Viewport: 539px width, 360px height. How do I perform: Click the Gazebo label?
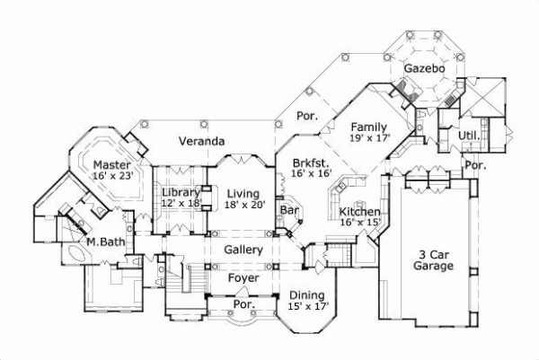tap(420, 69)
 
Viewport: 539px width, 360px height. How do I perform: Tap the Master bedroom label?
tap(114, 165)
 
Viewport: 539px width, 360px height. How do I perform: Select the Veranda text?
tap(200, 142)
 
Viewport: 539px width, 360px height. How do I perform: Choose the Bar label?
tap(289, 210)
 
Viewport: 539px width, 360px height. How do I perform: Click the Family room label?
tap(369, 127)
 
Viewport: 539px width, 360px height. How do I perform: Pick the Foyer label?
tap(243, 278)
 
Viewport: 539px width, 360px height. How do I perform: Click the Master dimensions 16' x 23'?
tap(112, 177)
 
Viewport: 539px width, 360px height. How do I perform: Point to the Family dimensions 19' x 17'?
tap(370, 138)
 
